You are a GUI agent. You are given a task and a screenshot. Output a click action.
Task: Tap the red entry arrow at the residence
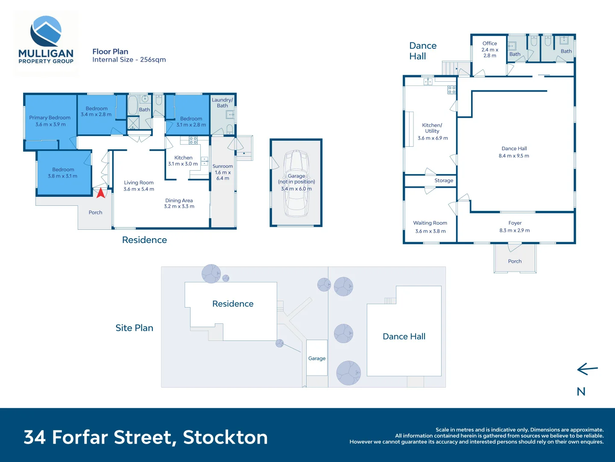pyautogui.click(x=101, y=193)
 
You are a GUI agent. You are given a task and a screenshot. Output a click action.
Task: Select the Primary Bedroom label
pyautogui.click(x=50, y=118)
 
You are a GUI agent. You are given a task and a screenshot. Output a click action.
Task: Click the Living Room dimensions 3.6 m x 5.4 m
pyautogui.click(x=139, y=189)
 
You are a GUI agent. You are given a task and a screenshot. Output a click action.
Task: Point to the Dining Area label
pyautogui.click(x=179, y=200)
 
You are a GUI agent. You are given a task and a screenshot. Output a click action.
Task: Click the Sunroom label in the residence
pyautogui.click(x=223, y=166)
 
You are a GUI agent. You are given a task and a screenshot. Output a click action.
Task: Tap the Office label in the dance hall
pyautogui.click(x=489, y=43)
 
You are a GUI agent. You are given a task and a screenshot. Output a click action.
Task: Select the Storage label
pyautogui.click(x=444, y=181)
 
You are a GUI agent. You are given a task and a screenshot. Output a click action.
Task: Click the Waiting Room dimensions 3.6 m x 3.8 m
pyautogui.click(x=430, y=231)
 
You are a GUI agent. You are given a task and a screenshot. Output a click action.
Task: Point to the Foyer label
pyautogui.click(x=515, y=223)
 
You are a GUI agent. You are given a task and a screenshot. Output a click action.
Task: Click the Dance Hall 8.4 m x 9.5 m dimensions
pyautogui.click(x=514, y=156)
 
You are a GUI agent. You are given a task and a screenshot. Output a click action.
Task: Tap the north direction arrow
pyautogui.click(x=587, y=369)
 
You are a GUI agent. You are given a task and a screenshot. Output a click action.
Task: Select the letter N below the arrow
pyautogui.click(x=581, y=391)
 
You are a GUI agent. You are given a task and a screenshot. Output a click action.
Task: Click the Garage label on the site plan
pyautogui.click(x=317, y=358)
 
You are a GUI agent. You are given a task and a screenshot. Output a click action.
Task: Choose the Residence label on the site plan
pyautogui.click(x=233, y=304)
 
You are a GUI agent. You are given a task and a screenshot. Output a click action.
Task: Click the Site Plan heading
pyautogui.click(x=134, y=328)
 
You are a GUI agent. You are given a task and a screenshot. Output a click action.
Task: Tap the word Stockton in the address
pyautogui.click(x=225, y=437)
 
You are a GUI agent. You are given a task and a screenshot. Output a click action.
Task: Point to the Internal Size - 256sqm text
pyautogui.click(x=129, y=59)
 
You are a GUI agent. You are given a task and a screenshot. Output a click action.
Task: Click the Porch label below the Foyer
pyautogui.click(x=515, y=261)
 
